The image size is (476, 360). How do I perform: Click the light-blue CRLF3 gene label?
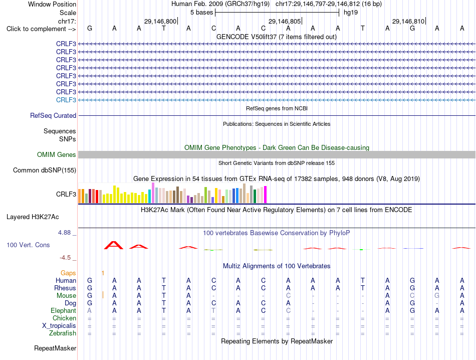point(66,100)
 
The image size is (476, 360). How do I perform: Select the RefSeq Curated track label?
point(53,115)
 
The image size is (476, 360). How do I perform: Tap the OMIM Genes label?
point(57,154)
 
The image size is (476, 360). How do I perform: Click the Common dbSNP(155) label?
point(45,170)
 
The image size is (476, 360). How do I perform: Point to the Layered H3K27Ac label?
point(33,217)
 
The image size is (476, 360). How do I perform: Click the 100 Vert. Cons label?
point(28,245)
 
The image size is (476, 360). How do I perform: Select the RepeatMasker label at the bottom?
point(55,348)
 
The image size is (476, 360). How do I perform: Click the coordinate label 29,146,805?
point(285,21)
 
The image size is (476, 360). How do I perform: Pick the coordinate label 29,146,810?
point(408,21)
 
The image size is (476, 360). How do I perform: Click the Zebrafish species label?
point(63,333)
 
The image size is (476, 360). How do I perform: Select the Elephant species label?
point(64,310)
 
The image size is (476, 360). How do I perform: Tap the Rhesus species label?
point(65,288)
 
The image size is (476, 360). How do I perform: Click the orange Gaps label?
point(68,273)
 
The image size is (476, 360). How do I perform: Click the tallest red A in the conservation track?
point(114,245)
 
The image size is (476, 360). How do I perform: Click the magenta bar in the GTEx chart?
point(266,195)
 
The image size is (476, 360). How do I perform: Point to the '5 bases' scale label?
point(202,13)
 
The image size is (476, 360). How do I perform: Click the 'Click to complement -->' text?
point(41,29)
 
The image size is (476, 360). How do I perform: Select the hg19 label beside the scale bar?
point(351,13)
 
